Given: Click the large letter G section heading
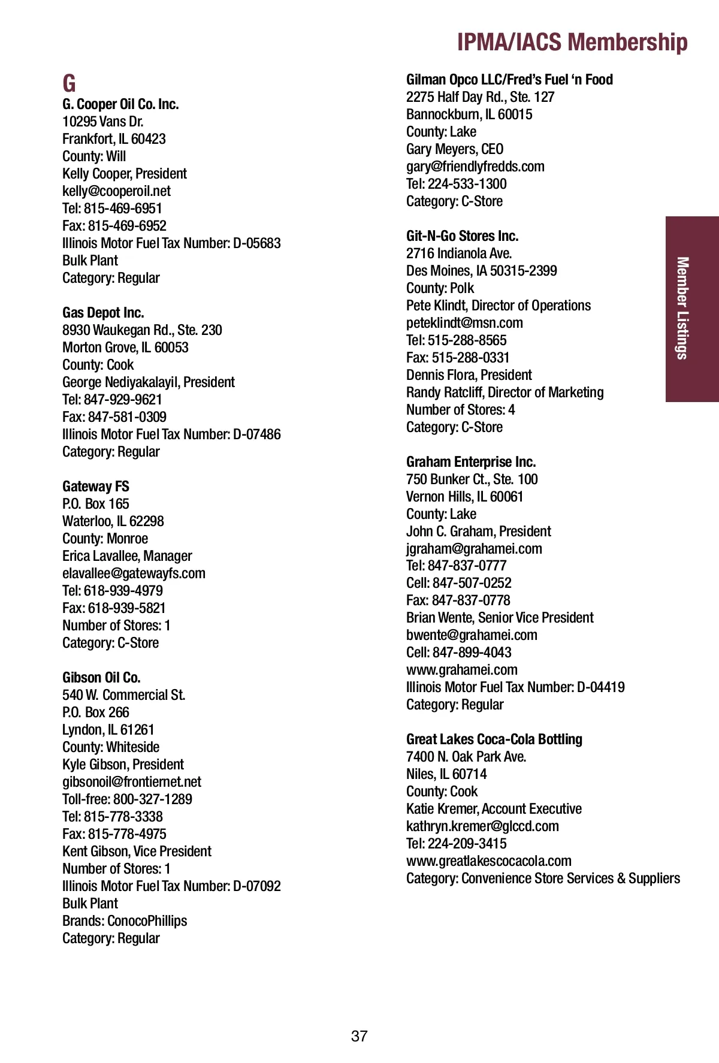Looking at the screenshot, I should pos(70,84).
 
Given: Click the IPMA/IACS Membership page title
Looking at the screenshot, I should pos(572,43).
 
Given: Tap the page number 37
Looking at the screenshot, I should pos(359,1036).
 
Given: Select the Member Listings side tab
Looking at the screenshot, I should pos(682,308).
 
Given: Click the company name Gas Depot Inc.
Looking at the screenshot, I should pos(103,313).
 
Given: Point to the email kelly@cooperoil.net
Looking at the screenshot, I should pos(116,191).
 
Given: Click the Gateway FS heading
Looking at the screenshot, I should pos(96,487).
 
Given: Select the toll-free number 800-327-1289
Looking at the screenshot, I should pos(152,799).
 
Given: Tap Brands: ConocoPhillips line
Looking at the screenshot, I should pos(125,921).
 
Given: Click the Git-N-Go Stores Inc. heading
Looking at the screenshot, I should pos(462,236).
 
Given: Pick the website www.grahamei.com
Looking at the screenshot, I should pos(461,670).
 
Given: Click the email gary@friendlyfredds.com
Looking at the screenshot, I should pos(475,167).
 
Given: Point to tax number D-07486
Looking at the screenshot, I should pos(256,434).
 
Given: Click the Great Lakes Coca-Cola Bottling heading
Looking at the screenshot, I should pos(494,739).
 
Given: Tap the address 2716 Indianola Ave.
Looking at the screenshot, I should pos(458,253).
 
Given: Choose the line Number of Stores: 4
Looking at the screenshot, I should pos(460,410).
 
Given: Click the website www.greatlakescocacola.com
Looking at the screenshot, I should pos(488,861).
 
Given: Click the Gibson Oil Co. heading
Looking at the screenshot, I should pos(101,678).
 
